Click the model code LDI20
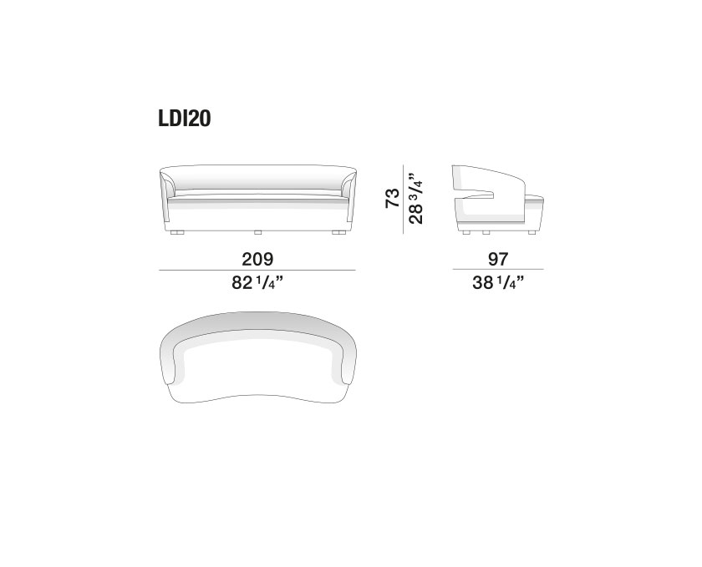(184, 119)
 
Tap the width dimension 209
(257, 259)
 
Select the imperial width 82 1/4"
(257, 283)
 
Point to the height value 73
(392, 198)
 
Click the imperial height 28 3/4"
(415, 198)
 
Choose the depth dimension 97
(498, 259)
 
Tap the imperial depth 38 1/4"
(498, 283)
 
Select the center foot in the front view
(257, 233)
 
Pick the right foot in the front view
(338, 233)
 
